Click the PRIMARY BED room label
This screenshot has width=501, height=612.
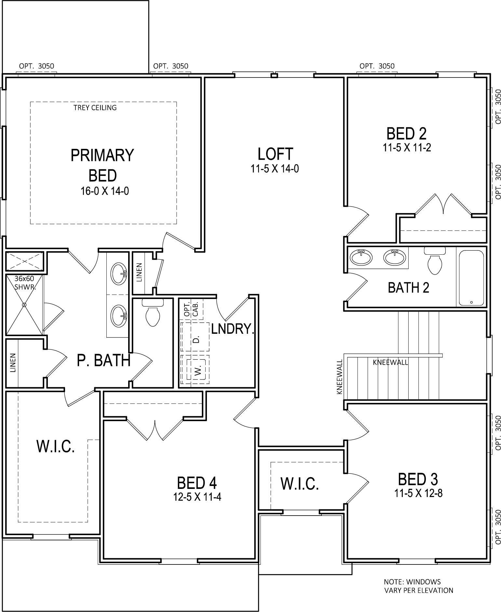click(102, 165)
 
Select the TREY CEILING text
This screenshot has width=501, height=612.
click(95, 107)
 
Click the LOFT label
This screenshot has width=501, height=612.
click(275, 154)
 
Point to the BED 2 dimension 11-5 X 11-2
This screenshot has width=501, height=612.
click(407, 148)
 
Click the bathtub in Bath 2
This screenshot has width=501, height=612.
click(471, 278)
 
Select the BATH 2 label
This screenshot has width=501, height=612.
click(408, 288)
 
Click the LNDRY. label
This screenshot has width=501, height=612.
click(232, 329)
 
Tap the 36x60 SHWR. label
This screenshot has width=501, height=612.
click(25, 283)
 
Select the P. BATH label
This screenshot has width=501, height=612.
click(103, 361)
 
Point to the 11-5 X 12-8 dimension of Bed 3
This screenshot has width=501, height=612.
click(418, 493)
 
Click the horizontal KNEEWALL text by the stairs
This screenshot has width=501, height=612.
click(390, 363)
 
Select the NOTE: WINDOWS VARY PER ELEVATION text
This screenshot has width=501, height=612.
click(418, 586)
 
